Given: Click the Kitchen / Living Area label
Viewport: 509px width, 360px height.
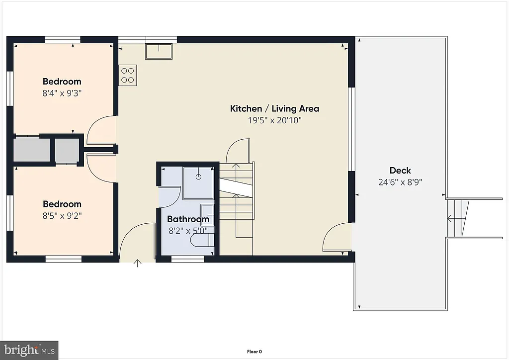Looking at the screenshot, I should click(x=274, y=108).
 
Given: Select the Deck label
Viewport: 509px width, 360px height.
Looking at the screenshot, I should click(x=400, y=171).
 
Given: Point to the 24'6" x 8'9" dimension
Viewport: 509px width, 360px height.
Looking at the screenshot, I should click(x=400, y=182).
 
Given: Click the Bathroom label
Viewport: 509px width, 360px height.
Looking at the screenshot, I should click(x=187, y=219).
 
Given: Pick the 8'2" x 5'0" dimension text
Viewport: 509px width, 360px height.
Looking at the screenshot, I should click(x=187, y=230).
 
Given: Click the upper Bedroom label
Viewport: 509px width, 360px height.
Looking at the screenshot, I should click(x=62, y=82).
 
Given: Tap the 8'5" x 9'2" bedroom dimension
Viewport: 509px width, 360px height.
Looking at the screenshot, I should click(x=62, y=216).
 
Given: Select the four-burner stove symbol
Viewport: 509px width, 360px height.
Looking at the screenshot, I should click(x=128, y=75).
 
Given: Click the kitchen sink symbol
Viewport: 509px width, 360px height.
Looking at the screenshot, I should click(x=159, y=51).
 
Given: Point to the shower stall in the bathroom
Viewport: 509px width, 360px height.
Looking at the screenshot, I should click(x=198, y=182).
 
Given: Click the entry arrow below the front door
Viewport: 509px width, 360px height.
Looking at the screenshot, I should click(x=138, y=263).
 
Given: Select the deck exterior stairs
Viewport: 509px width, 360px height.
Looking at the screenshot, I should click(x=457, y=218).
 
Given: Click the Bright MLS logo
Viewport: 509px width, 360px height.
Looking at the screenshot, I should click(x=29, y=350).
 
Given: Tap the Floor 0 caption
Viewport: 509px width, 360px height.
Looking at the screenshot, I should click(x=254, y=352).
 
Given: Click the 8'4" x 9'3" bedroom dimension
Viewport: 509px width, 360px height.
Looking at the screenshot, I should click(x=62, y=93).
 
